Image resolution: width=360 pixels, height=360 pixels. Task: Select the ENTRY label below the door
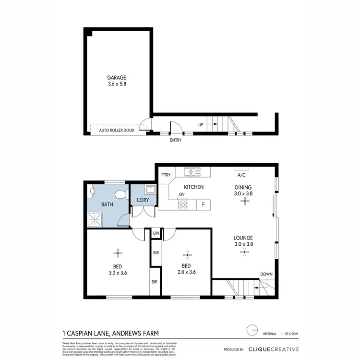pos(176,141)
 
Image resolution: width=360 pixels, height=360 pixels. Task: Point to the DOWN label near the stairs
pos(266,274)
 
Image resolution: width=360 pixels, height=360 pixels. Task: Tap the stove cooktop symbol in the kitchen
pos(183,205)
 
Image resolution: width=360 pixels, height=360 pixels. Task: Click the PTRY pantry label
pos(166,175)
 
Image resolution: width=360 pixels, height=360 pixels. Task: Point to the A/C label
pos(241,175)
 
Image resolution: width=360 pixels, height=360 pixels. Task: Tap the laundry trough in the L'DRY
pos(149,189)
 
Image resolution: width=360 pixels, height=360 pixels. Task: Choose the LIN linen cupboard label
pos(156,233)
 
